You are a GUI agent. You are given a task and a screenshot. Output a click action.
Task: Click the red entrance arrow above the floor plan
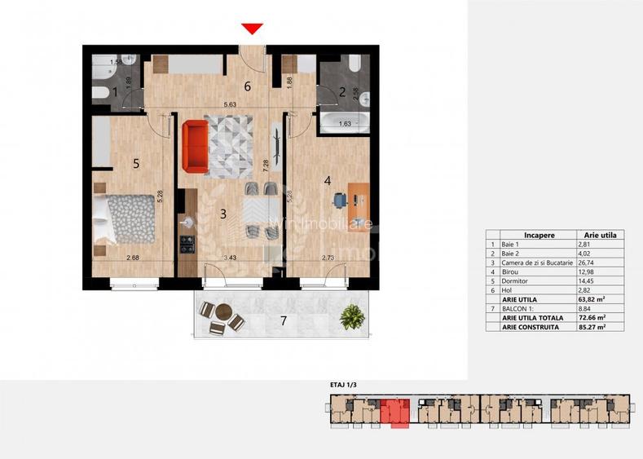click(253, 29)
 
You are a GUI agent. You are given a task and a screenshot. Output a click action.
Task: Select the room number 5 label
click(136, 164)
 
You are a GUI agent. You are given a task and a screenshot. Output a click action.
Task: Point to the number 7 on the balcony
click(284, 320)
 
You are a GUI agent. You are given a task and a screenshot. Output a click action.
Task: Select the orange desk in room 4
click(358, 196)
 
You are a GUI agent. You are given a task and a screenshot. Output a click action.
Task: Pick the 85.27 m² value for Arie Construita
click(595, 326)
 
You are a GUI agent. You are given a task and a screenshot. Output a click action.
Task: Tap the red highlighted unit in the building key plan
click(396, 412)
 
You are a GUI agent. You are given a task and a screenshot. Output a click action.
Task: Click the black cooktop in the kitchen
click(186, 243)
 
